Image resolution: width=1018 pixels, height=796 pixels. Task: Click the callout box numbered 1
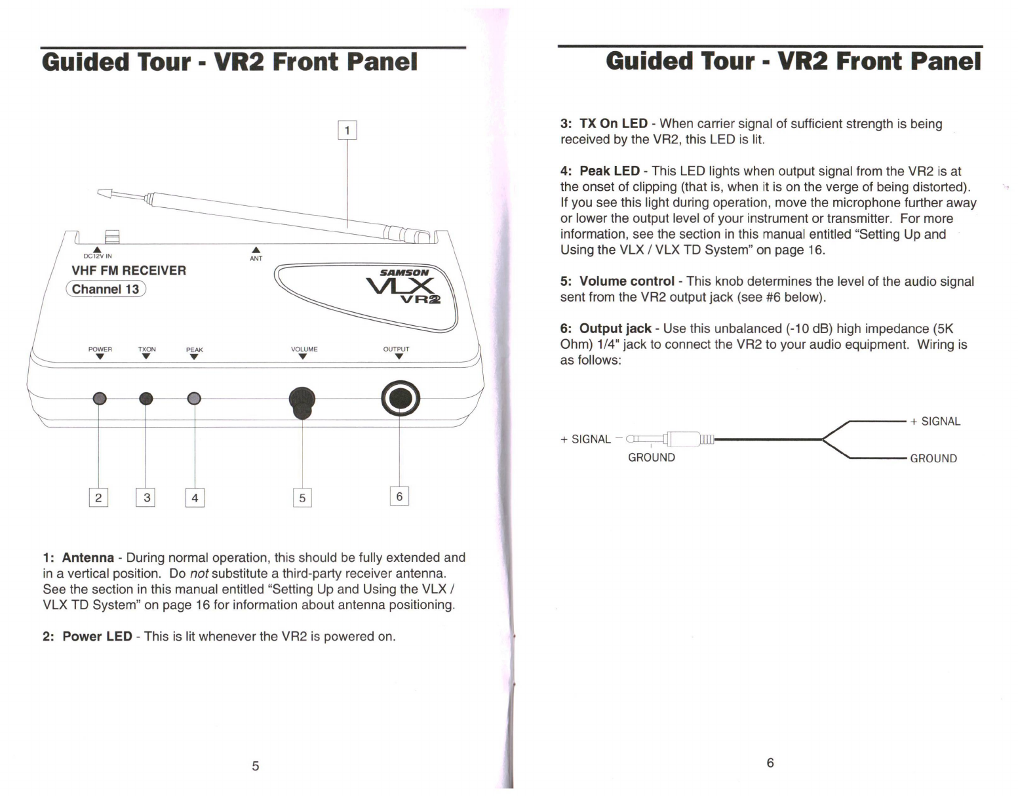tap(347, 130)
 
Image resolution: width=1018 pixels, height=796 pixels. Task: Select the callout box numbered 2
tap(98, 498)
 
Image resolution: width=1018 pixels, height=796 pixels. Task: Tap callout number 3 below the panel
tap(146, 498)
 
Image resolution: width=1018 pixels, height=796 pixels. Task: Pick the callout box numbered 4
tap(195, 498)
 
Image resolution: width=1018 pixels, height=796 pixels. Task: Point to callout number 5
tap(302, 498)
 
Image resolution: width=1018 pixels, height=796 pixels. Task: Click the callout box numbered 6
tap(399, 496)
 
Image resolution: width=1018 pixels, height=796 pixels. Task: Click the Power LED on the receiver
tap(100, 398)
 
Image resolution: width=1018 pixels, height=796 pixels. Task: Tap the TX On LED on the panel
tap(146, 398)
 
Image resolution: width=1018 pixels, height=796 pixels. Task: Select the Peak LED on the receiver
tap(194, 398)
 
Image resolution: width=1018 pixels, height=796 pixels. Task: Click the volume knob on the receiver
tap(302, 401)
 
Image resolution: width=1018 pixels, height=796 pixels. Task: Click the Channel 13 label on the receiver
tap(106, 289)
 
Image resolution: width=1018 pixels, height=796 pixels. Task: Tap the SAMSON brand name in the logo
tap(404, 272)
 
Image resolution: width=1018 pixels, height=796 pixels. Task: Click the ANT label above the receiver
tap(256, 258)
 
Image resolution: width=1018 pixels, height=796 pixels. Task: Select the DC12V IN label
tap(98, 256)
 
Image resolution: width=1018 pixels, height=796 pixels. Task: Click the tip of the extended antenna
tap(103, 193)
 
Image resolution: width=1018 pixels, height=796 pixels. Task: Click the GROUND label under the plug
tap(651, 458)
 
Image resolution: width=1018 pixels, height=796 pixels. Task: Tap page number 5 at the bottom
tap(256, 765)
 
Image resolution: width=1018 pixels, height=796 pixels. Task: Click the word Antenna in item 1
tap(88, 558)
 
